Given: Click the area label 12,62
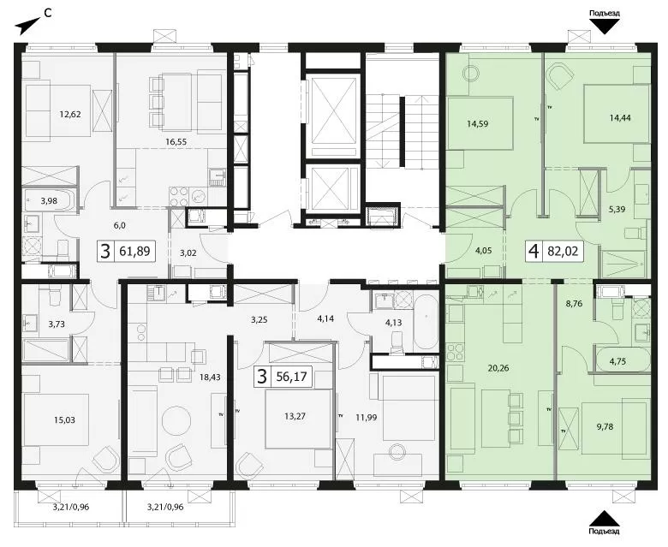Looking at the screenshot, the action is [x=70, y=114].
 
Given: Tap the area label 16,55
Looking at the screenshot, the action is [x=176, y=142].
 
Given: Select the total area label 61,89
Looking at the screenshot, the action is [x=134, y=251].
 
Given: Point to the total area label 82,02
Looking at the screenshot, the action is [x=563, y=251].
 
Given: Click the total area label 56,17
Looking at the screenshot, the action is [x=291, y=377].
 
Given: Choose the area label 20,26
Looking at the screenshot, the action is [x=498, y=368].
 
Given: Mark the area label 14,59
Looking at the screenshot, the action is [x=477, y=124].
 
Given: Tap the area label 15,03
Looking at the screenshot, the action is [x=64, y=419].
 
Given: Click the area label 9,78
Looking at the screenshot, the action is [x=605, y=426].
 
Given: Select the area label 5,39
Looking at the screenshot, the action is [x=617, y=209].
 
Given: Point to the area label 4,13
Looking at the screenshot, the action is [x=393, y=322].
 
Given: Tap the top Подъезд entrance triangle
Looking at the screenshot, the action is [x=604, y=27].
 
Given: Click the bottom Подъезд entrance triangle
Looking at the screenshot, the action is [x=604, y=519].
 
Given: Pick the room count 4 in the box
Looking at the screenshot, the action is [x=532, y=252].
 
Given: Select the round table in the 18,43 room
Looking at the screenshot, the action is [x=174, y=420].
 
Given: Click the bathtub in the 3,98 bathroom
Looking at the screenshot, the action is [x=50, y=200].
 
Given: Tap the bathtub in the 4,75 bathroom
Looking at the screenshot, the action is [x=623, y=360].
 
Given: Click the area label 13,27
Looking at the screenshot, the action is [x=295, y=416].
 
